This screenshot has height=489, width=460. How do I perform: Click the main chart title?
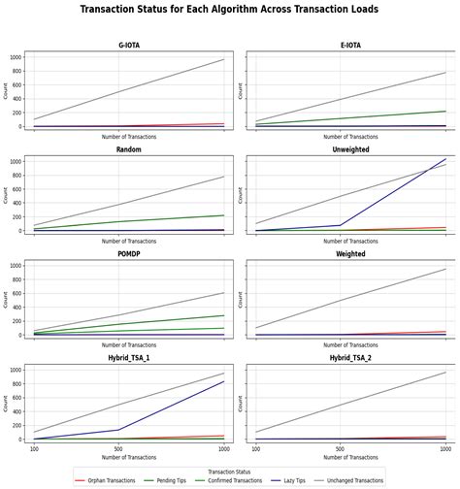tap(229, 10)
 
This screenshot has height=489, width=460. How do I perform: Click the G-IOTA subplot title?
tap(129, 45)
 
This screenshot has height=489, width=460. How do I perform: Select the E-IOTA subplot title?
tap(349, 45)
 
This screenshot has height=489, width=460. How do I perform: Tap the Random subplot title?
tap(129, 150)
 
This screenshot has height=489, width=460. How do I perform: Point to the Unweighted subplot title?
tap(349, 150)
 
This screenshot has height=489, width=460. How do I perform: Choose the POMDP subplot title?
tap(129, 254)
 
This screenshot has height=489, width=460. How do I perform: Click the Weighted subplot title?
tap(349, 254)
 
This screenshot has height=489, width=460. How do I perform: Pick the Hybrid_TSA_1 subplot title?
tap(129, 359)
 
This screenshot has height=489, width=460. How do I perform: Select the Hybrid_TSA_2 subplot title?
tap(349, 359)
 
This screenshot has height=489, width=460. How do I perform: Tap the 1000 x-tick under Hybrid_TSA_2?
tap(445, 449)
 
